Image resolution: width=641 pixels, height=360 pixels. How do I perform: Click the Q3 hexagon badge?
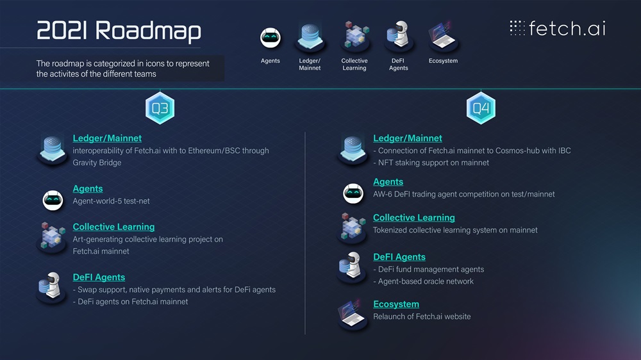tap(160, 108)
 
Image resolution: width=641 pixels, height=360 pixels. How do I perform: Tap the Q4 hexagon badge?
tap(481, 108)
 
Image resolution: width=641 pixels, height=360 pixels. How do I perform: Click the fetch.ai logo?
tap(557, 28)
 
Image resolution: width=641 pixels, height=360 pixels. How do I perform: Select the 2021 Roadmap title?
tap(119, 31)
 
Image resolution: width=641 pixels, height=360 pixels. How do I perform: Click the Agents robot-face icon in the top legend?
tap(271, 38)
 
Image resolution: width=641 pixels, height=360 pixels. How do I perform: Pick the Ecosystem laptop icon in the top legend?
tap(442, 37)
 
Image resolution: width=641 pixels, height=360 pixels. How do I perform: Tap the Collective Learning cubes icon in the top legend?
tap(354, 36)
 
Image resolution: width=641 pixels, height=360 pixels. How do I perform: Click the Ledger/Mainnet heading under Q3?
tap(107, 138)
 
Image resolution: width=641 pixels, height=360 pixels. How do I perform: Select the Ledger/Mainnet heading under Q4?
tap(408, 138)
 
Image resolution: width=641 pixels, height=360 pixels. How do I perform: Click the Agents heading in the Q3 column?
tap(88, 189)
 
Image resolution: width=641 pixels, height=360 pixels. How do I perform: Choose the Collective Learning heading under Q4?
tap(414, 218)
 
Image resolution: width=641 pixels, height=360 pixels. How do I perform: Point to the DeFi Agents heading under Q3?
tap(99, 277)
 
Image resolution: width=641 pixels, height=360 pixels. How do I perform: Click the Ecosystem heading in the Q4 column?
tap(396, 304)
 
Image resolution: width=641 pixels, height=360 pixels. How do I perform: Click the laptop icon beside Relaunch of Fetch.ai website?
tap(353, 314)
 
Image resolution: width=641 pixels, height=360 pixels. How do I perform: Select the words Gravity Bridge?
tap(97, 163)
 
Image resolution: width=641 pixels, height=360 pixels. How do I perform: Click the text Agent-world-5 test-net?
tap(111, 201)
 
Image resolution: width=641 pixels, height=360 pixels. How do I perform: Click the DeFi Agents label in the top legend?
tap(398, 64)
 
